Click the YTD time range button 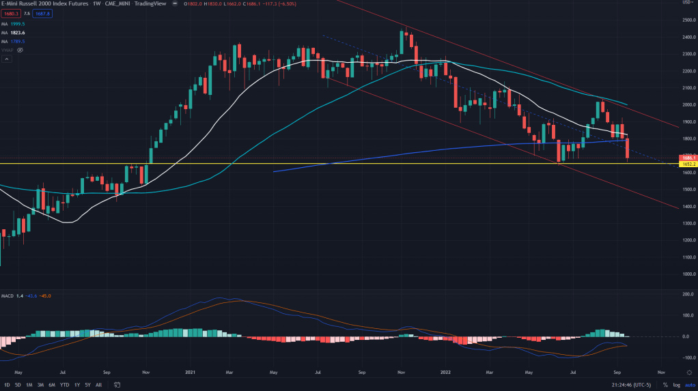[65, 385]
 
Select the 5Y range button [87, 385]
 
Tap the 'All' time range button [99, 385]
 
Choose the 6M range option [52, 385]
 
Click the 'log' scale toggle [676, 385]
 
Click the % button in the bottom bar [665, 385]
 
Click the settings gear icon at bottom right [689, 373]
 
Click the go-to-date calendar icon [117, 385]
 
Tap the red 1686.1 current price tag [687, 158]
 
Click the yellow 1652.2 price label [687, 164]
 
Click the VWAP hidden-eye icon [20, 50]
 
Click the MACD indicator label [8, 295]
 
